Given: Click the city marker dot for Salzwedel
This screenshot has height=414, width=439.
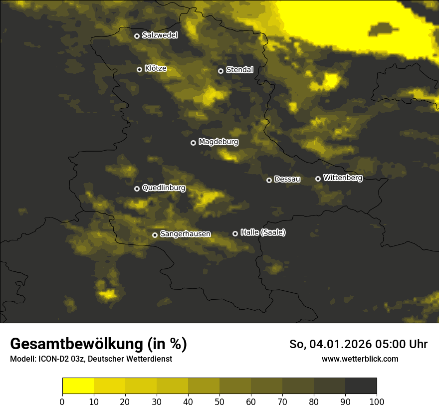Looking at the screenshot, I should (x=137, y=36).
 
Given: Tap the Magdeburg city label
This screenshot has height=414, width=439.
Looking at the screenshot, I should (x=219, y=142).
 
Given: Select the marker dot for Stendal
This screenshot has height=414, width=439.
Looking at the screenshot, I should (x=220, y=71).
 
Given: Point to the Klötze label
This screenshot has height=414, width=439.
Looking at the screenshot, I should (x=156, y=69).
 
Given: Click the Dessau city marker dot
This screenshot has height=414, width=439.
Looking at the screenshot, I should (x=269, y=180).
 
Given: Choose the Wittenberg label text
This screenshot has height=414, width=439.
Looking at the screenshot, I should (x=343, y=178).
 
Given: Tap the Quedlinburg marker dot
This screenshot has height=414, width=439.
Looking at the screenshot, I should (x=137, y=189).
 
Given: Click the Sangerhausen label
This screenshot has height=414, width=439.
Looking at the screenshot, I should (x=185, y=234).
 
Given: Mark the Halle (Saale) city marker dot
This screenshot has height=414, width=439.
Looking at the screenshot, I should (x=235, y=233).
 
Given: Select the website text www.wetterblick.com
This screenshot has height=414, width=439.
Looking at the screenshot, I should (x=360, y=359).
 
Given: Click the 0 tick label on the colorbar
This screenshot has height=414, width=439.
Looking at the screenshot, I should (x=62, y=402).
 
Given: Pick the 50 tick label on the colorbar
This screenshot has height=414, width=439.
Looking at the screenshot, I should (x=219, y=402).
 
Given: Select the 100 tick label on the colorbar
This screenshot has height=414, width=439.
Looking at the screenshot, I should (x=377, y=402).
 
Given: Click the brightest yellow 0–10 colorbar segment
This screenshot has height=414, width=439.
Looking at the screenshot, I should (x=78, y=386).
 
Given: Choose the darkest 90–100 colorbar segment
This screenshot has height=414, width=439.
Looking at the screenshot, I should (x=361, y=386).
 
